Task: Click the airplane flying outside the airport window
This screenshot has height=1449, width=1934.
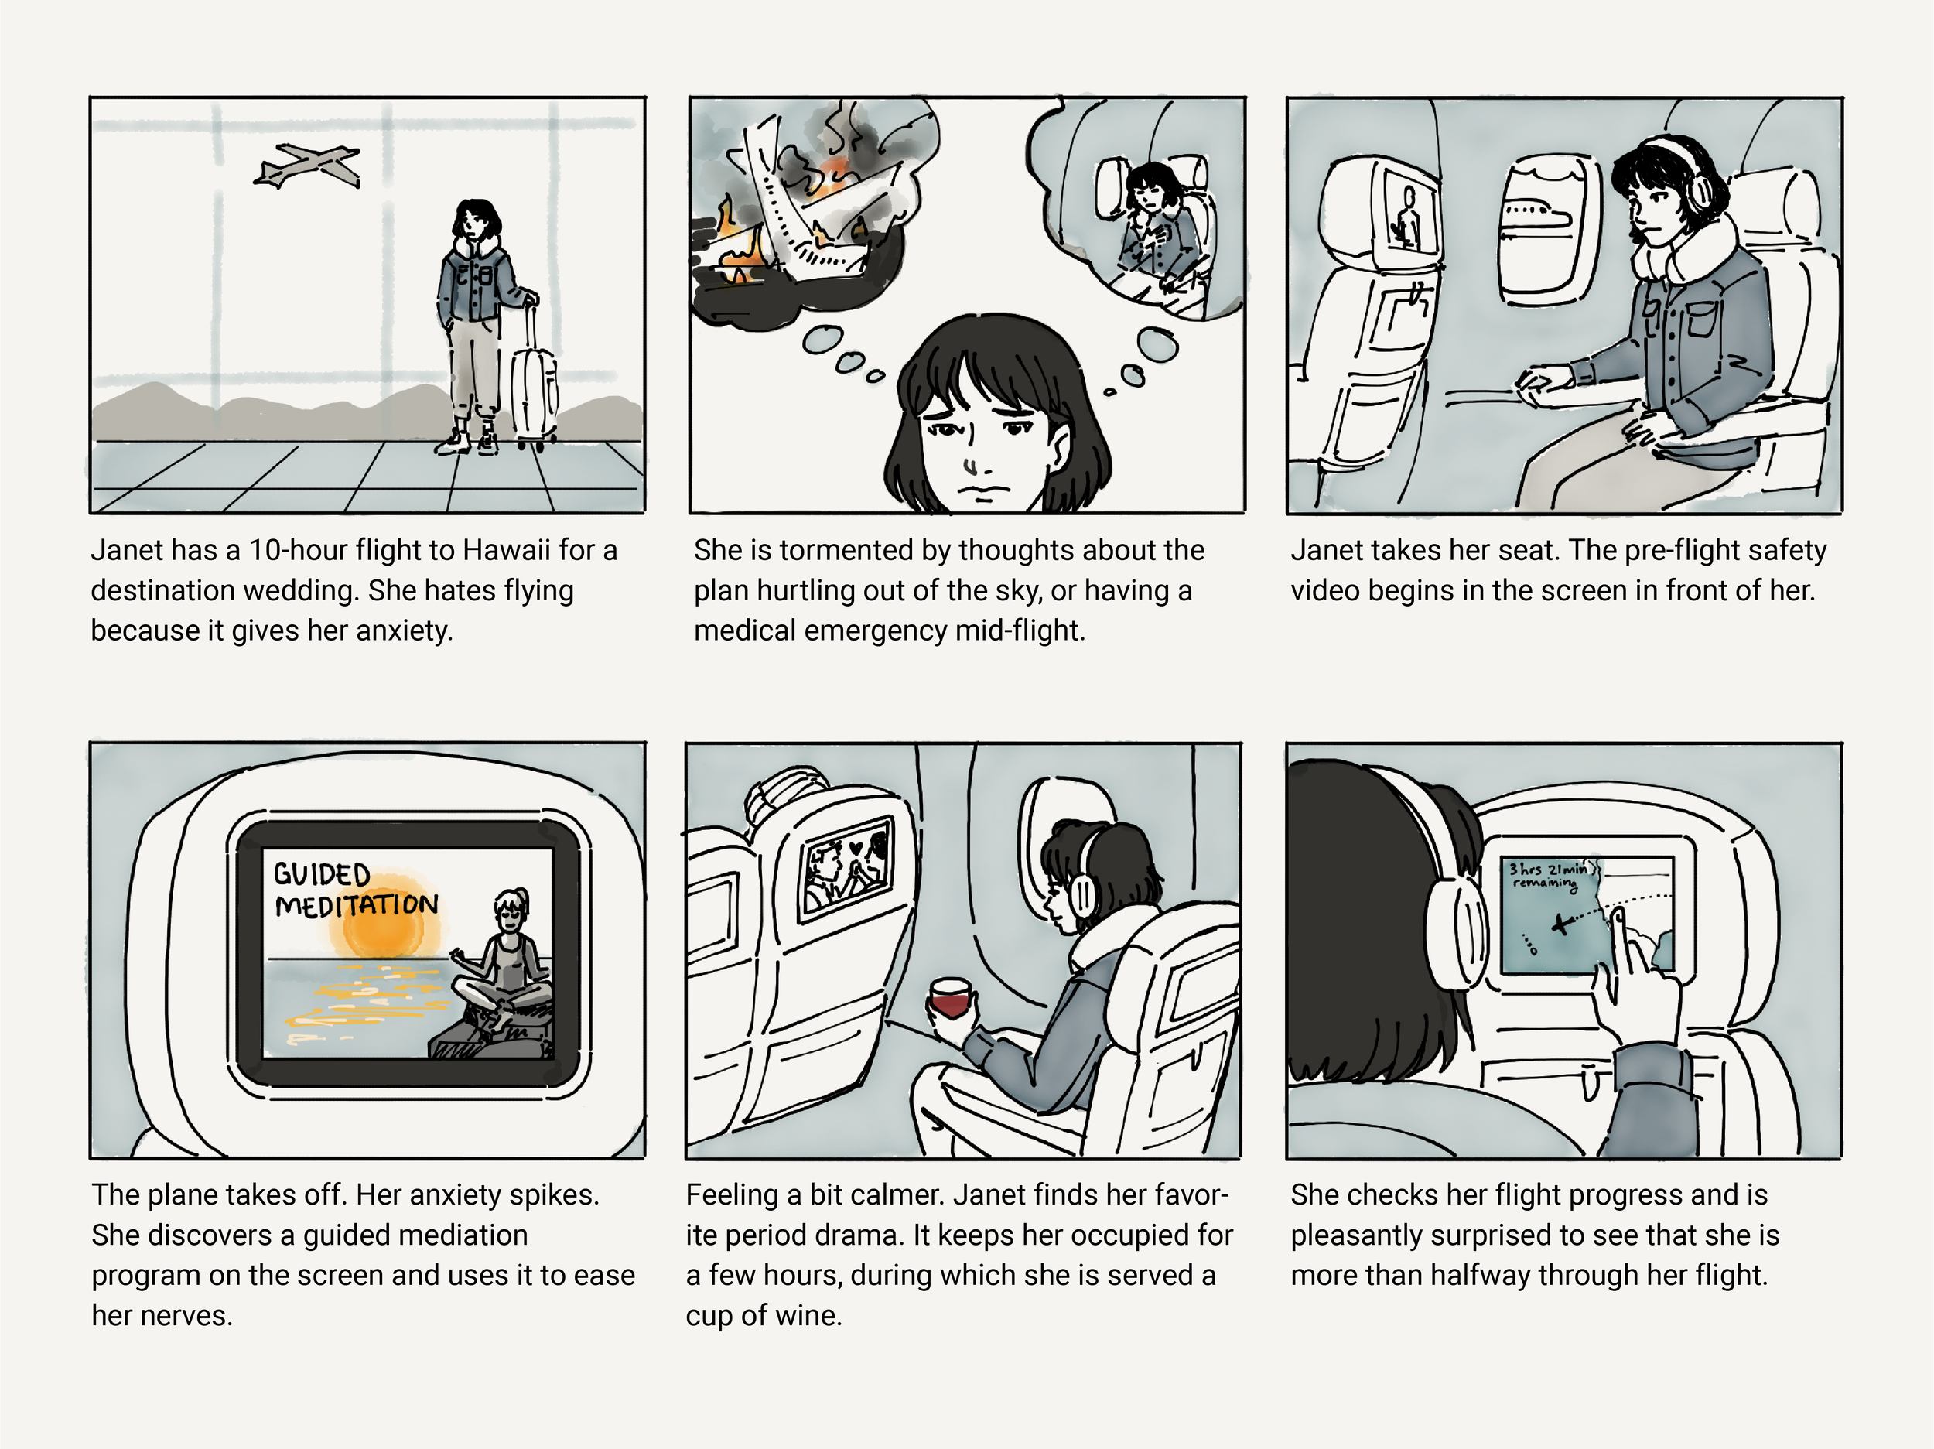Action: (307, 166)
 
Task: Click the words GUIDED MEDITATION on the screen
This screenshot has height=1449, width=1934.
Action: (355, 890)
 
